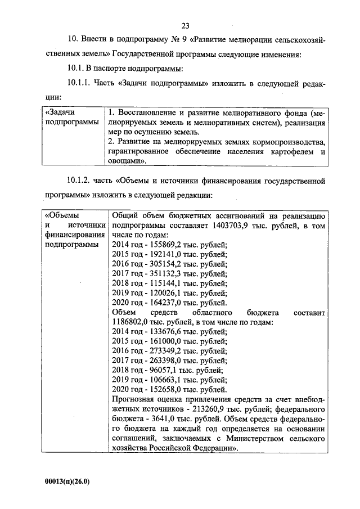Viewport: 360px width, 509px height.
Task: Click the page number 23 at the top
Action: [x=185, y=25]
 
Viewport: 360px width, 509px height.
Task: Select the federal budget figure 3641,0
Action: [x=155, y=418]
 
